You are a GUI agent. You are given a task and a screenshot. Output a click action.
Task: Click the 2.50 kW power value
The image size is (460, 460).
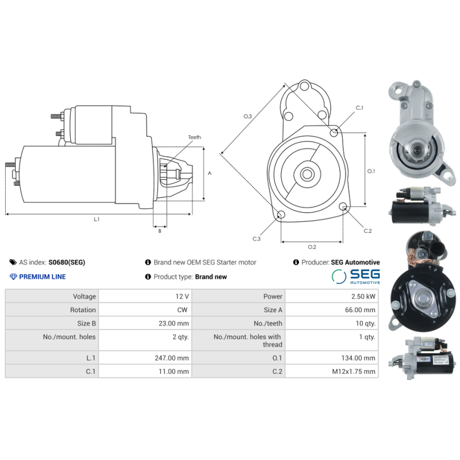click(x=365, y=297)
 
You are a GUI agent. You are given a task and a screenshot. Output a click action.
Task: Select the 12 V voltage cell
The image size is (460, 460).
click(x=182, y=297)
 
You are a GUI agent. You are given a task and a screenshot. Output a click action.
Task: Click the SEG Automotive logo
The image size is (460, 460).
click(x=355, y=277)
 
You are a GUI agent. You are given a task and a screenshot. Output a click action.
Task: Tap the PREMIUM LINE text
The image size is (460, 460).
click(x=43, y=277)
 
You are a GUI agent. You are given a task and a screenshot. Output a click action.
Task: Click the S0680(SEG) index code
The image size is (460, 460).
click(x=67, y=262)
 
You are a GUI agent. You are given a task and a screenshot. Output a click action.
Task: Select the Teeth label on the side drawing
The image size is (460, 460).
click(x=194, y=137)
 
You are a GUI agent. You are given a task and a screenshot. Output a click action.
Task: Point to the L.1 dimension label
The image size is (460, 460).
click(x=97, y=219)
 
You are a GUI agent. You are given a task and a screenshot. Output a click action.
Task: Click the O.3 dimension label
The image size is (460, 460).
click(x=248, y=117)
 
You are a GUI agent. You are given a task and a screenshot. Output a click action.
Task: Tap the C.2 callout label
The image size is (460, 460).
click(x=368, y=231)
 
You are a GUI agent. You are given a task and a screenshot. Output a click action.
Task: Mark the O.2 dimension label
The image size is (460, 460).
click(x=312, y=247)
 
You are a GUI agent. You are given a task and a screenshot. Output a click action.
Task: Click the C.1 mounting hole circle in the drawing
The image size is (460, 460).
click(x=334, y=133)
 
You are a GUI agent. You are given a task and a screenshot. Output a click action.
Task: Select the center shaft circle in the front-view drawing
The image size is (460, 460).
click(x=306, y=173)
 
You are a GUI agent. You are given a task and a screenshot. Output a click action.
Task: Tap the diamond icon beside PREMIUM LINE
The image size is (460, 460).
click(x=14, y=277)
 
